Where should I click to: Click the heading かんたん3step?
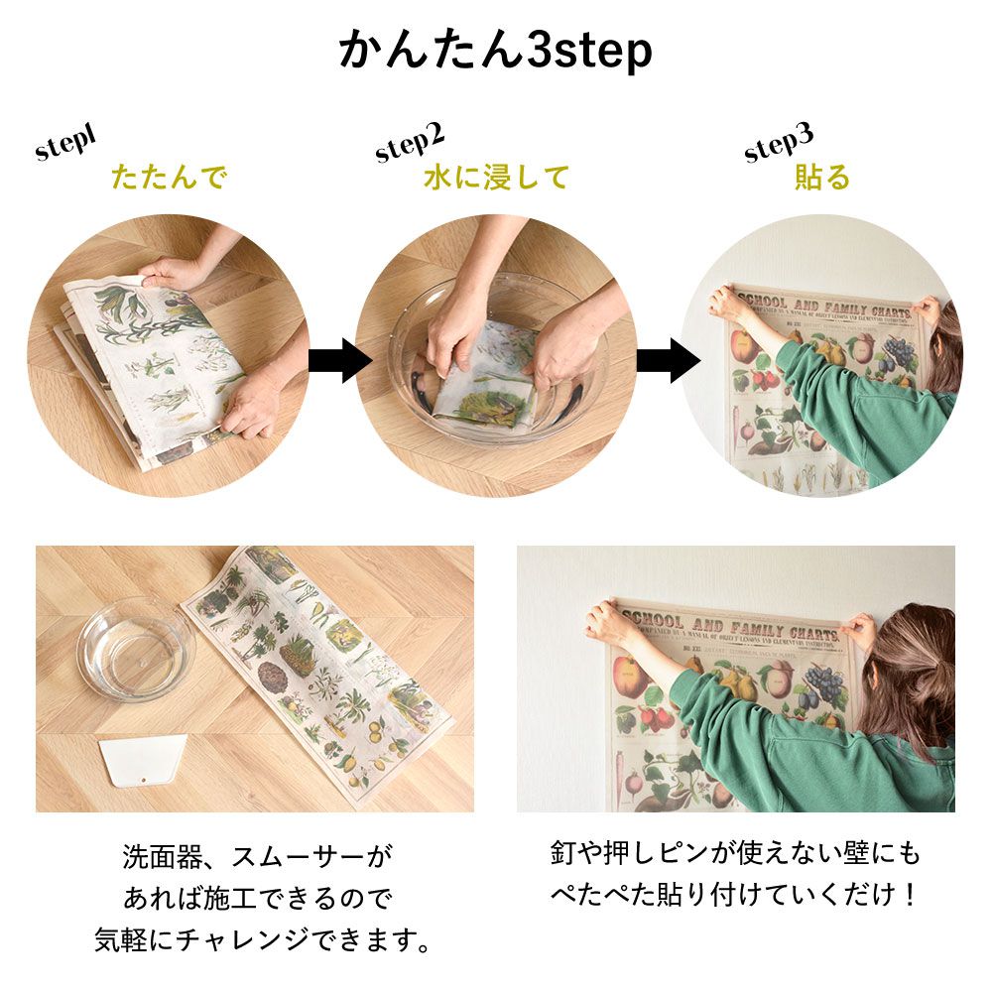[496, 50]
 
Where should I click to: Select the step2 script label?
[410, 144]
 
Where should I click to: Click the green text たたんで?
[169, 179]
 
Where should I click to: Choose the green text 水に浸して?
[496, 179]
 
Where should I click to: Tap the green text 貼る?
[822, 179]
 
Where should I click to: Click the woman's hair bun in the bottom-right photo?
[918, 684]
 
